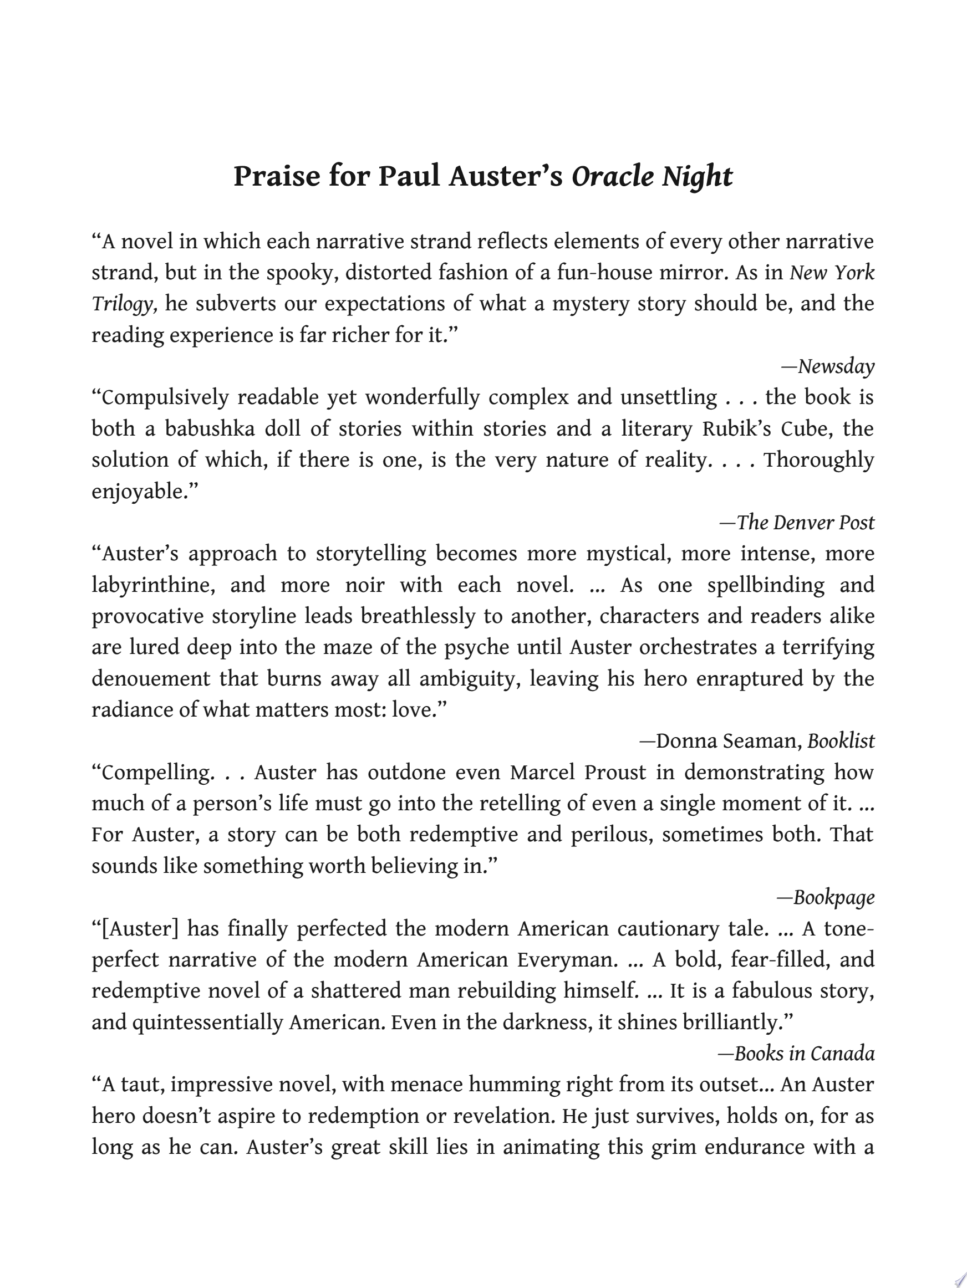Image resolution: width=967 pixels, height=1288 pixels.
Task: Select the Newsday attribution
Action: click(836, 366)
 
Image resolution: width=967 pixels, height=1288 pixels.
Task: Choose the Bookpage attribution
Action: click(833, 897)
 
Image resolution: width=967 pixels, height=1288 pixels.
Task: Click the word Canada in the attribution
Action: click(842, 1054)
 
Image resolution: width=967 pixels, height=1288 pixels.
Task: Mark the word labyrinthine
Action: click(153, 585)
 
